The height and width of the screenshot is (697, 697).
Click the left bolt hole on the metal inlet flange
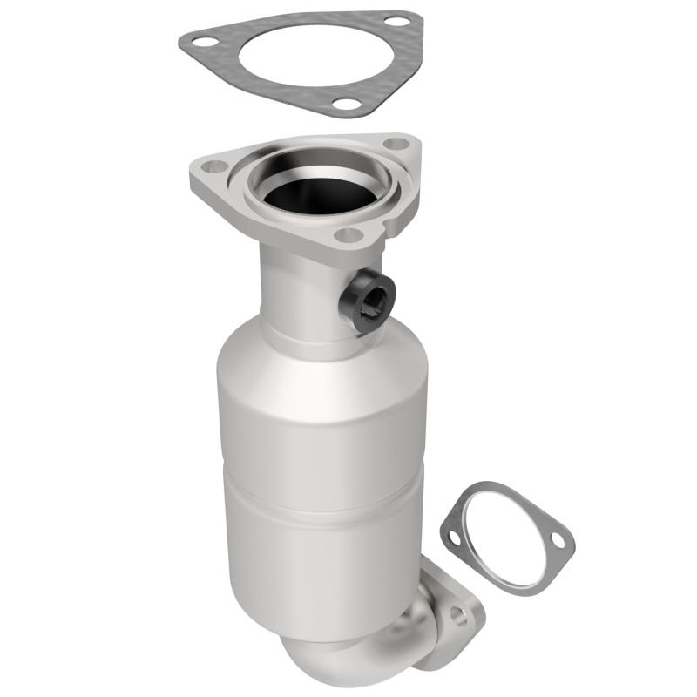[x=215, y=166]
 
